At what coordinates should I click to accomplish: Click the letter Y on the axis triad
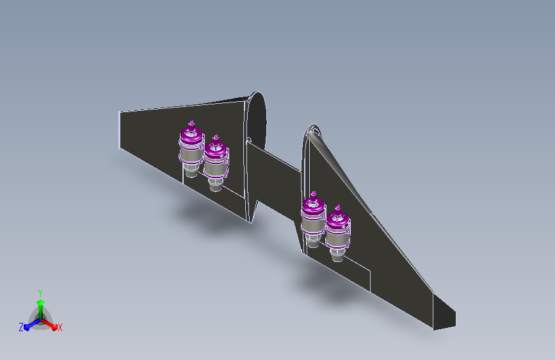(x=40, y=293)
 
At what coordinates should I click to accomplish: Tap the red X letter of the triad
(x=60, y=327)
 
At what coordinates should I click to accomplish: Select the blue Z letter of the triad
(x=21, y=327)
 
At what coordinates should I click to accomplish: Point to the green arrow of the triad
(x=41, y=309)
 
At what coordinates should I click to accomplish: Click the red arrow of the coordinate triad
(x=49, y=324)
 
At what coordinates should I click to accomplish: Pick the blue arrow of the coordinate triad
(x=33, y=324)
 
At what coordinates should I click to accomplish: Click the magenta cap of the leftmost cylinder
(x=191, y=135)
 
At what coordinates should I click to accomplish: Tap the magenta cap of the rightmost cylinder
(x=337, y=220)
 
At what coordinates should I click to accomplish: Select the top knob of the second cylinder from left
(x=216, y=138)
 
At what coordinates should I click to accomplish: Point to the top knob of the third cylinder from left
(x=313, y=195)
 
